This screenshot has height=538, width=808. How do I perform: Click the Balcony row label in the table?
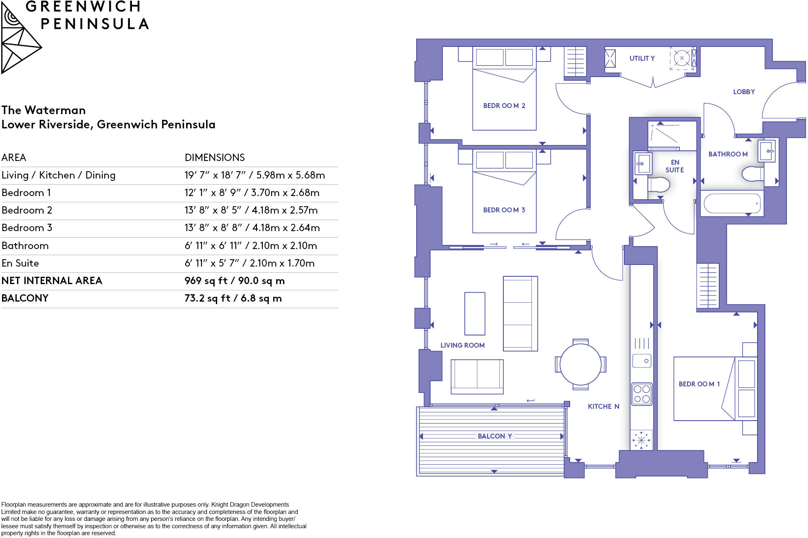[x=25, y=298]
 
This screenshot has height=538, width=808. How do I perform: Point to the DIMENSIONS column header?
[x=215, y=158]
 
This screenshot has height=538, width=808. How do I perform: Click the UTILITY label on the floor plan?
[x=642, y=58]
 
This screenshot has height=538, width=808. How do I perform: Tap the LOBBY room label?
[x=744, y=92]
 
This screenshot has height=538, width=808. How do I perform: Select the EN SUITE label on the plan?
[x=674, y=166]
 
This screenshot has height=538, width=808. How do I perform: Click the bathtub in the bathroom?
[x=732, y=203]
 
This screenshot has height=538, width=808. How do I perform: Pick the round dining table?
[x=580, y=364]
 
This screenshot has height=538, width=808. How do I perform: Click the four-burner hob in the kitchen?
[x=642, y=394]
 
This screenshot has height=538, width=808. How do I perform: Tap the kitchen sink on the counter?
[x=642, y=361]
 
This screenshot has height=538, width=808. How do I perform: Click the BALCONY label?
[x=494, y=436]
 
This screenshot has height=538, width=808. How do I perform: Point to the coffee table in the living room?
[x=474, y=313]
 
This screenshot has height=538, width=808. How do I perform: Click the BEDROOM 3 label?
[x=504, y=210]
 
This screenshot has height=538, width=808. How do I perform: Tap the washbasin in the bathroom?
[x=767, y=151]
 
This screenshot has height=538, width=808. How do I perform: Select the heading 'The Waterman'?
[x=44, y=110]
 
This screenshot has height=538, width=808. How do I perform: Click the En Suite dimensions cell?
[x=249, y=263]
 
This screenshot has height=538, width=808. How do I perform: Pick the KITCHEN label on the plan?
[x=603, y=406]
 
